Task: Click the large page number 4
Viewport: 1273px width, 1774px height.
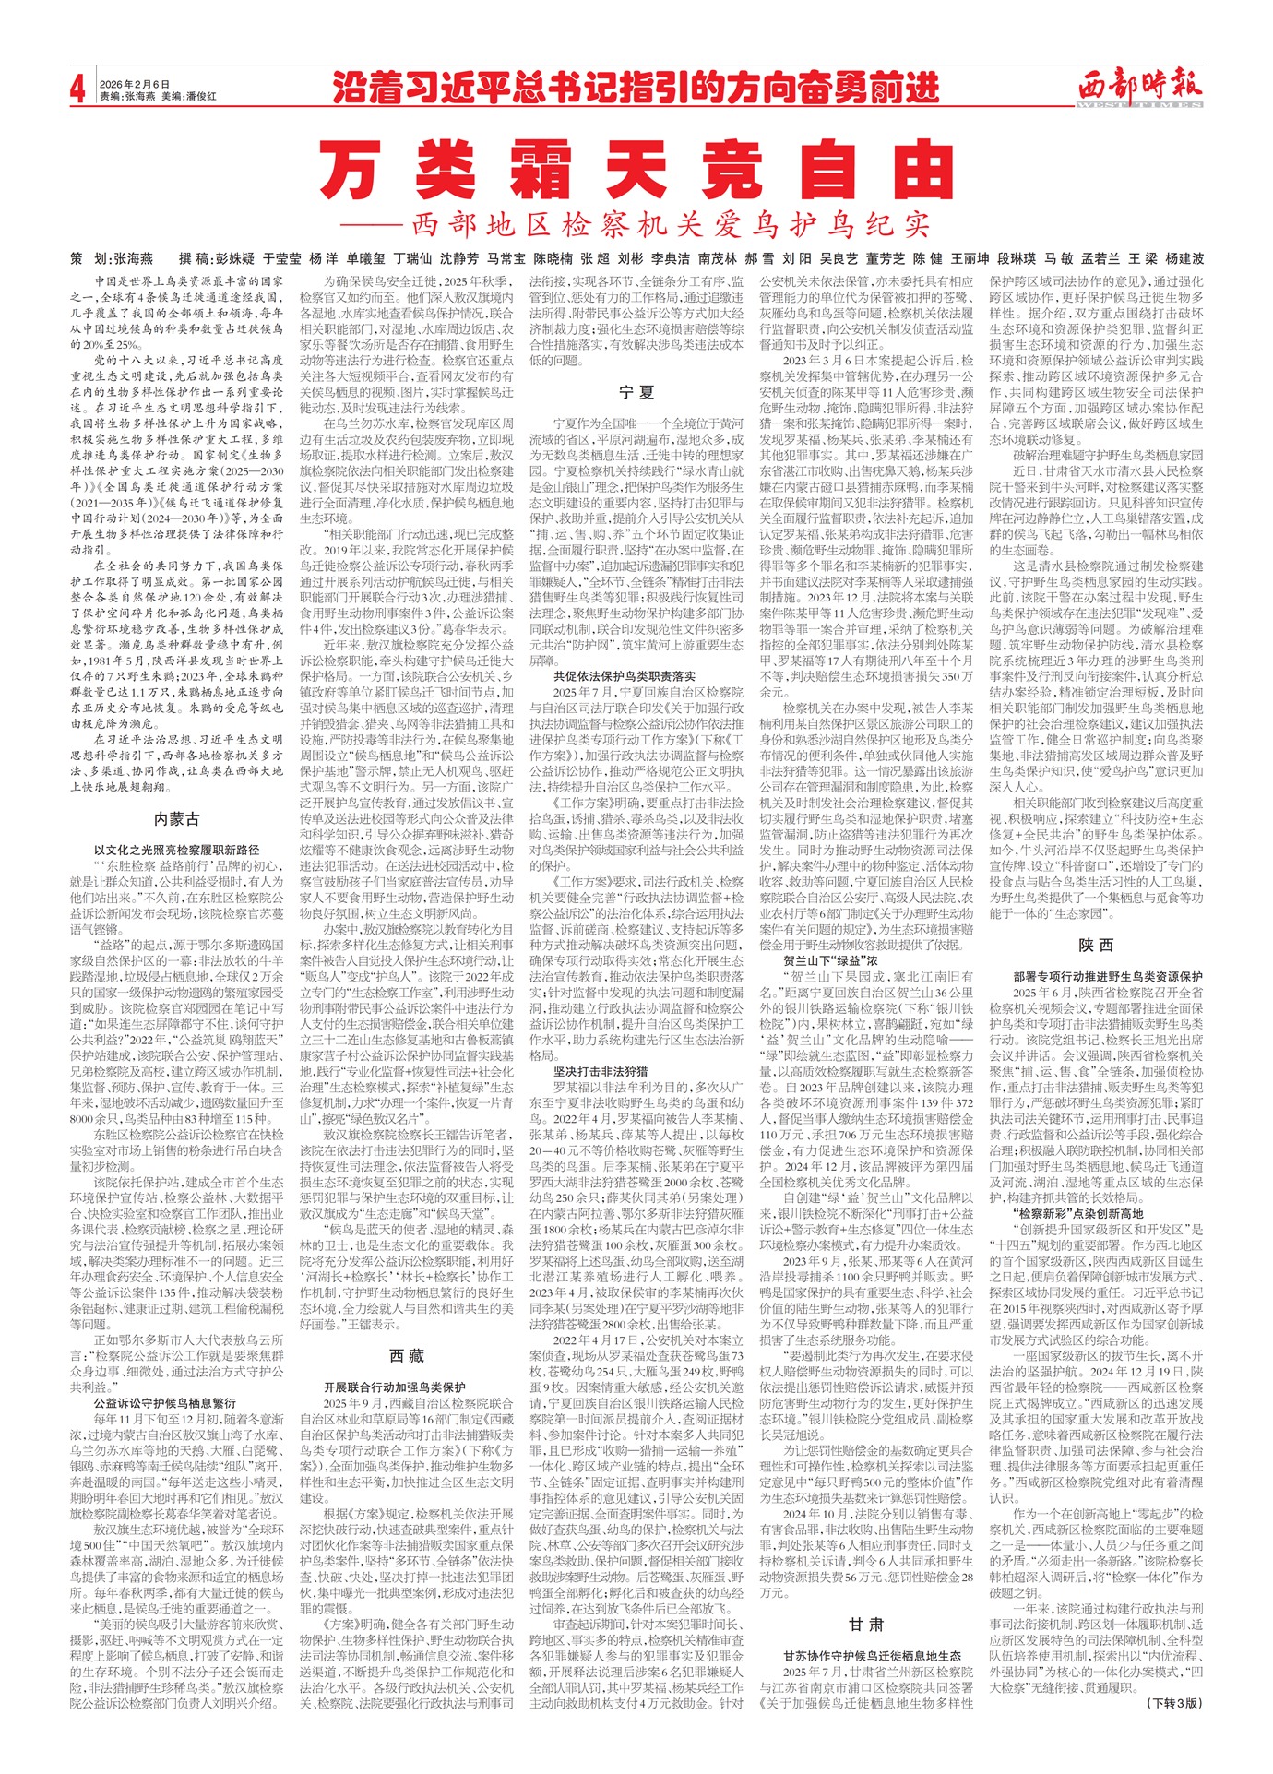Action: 78,89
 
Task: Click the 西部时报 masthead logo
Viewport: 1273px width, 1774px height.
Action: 1140,89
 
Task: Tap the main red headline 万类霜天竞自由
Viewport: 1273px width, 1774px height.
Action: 636,172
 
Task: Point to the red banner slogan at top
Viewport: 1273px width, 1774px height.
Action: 636,89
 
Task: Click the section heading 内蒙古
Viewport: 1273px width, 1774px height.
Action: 176,819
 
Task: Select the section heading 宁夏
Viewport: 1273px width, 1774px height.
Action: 636,393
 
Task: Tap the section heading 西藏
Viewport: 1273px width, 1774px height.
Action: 407,1355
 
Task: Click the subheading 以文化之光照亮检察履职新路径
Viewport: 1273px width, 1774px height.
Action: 176,850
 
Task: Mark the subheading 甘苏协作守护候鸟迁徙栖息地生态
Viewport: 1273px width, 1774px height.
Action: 872,1657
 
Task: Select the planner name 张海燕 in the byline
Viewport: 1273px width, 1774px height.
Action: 134,260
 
